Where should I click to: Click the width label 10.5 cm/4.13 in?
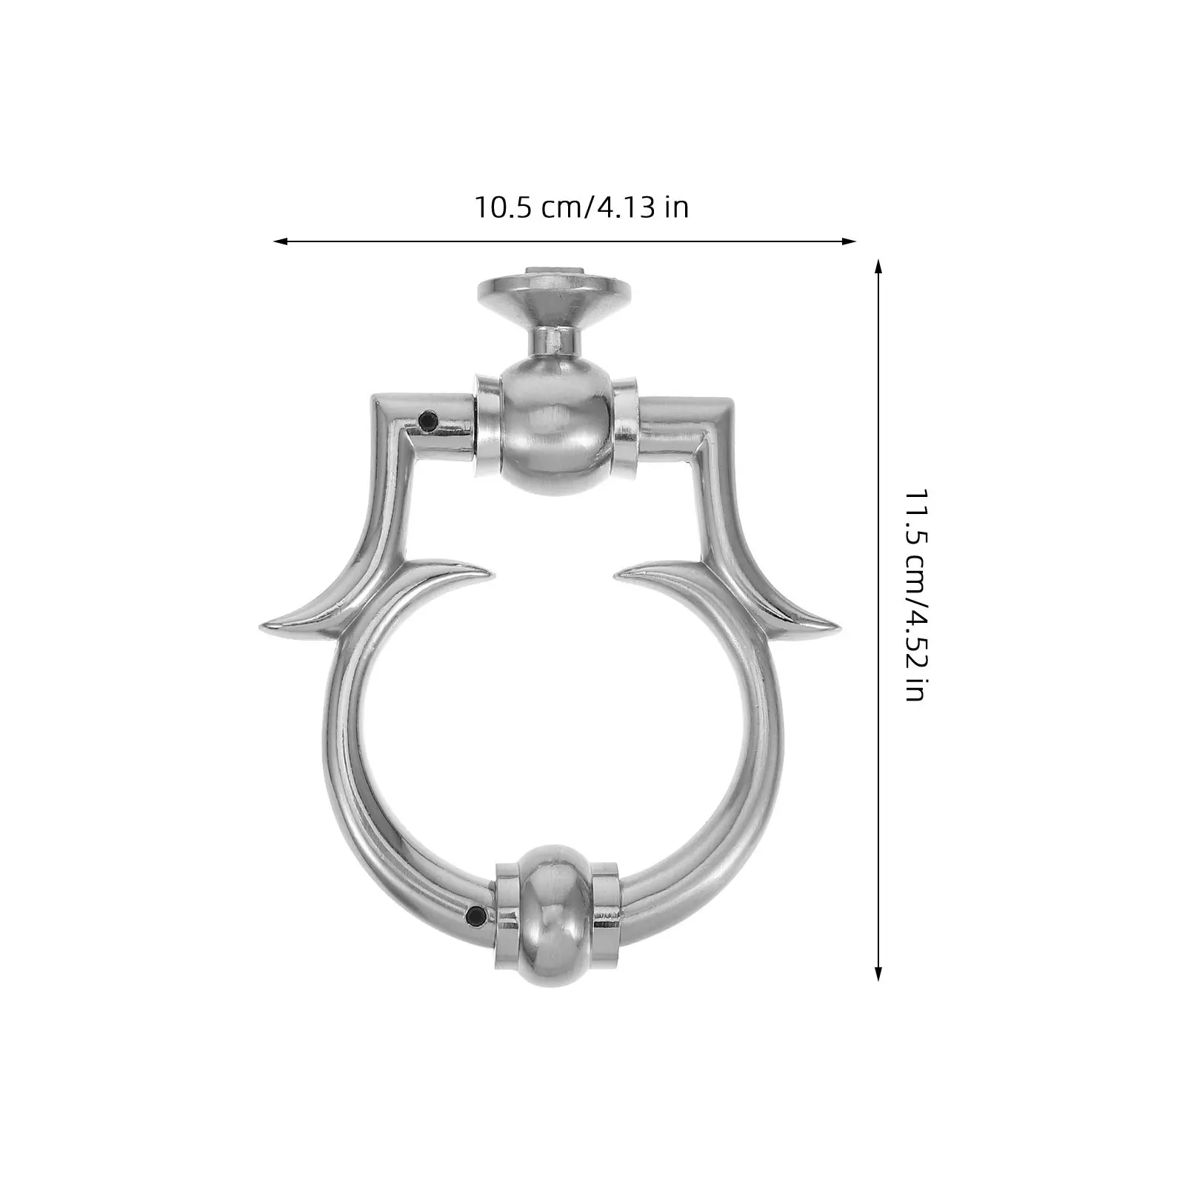click(581, 207)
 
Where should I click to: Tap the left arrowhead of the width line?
click(281, 241)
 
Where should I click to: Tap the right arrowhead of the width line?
click(849, 241)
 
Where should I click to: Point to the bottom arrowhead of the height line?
click(878, 973)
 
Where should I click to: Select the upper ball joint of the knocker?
click(555, 430)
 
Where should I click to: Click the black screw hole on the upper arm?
click(427, 421)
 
